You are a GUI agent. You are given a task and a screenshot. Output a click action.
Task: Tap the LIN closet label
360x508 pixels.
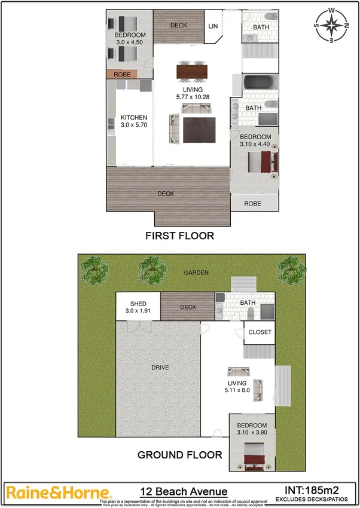(213, 26)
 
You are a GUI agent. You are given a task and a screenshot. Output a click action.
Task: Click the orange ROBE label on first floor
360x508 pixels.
(123, 75)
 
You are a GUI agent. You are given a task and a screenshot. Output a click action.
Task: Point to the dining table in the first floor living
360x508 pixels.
(192, 72)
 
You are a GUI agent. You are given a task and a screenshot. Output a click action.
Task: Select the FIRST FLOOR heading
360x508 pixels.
(179, 236)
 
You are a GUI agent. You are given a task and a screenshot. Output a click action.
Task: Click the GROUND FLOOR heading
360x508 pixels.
(180, 455)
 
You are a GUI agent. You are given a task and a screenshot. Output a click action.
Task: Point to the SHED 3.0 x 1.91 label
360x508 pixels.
(134, 308)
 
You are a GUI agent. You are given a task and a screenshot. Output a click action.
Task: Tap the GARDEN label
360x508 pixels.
(196, 273)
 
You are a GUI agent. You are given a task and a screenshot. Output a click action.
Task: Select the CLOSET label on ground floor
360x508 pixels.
(260, 332)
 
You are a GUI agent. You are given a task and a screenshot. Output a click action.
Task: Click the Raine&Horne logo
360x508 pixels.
(59, 492)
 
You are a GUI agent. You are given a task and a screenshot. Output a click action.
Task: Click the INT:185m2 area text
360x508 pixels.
(314, 489)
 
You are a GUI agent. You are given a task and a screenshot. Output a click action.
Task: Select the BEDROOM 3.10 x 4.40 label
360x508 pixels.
(255, 140)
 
